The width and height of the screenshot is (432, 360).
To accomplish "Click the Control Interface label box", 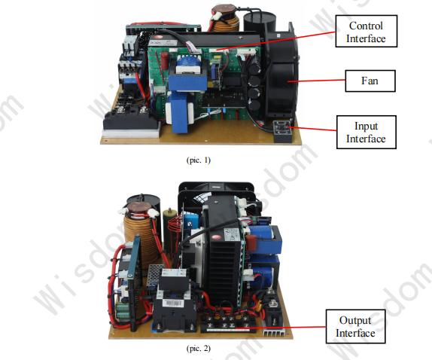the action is click(x=367, y=31).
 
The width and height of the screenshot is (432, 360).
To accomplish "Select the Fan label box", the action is click(x=370, y=81).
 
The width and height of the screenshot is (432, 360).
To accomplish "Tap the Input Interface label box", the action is click(x=367, y=132).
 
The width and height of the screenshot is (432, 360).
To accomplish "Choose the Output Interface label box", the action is click(x=355, y=326).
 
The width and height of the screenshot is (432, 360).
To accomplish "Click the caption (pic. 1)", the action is click(x=199, y=160).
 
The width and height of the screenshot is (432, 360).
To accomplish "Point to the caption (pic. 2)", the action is click(x=199, y=349).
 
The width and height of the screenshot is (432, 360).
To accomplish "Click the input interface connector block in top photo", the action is click(x=282, y=131).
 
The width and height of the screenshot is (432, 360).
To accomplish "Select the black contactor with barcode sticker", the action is click(x=174, y=301).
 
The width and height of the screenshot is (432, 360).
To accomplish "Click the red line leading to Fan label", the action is click(x=317, y=81).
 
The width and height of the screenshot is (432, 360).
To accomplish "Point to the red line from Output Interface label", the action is click(x=288, y=328).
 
